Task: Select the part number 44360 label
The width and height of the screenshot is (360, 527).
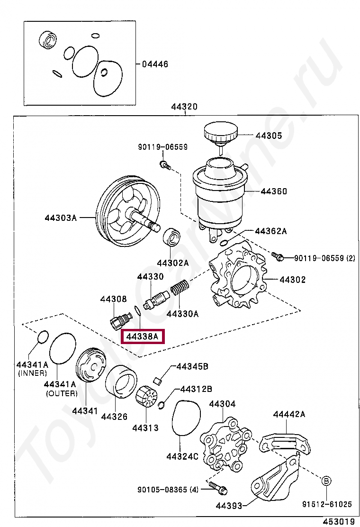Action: click(x=274, y=192)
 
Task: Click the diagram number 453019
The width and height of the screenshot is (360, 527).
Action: click(x=340, y=521)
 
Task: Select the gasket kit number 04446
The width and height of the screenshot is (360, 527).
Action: click(x=155, y=64)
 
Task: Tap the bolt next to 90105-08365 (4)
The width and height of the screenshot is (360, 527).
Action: click(x=217, y=487)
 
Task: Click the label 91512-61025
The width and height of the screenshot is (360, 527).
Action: click(x=327, y=504)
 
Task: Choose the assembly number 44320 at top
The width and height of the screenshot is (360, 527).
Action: click(x=184, y=107)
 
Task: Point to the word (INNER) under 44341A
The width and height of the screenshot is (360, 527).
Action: click(x=33, y=373)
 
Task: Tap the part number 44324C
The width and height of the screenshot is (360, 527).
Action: click(x=182, y=456)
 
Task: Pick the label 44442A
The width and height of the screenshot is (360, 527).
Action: click(x=289, y=414)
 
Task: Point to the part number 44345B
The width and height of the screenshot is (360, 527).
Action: click(x=192, y=366)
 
